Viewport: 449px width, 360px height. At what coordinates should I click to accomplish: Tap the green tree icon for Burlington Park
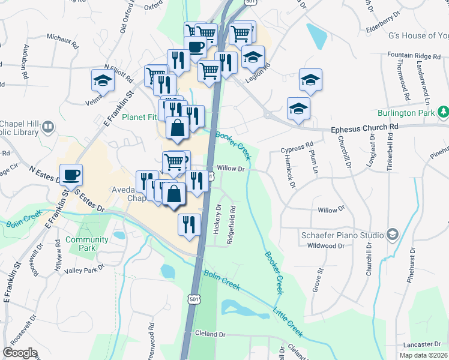tap(443, 112)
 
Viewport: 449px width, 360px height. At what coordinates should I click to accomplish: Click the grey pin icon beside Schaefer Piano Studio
tap(393, 233)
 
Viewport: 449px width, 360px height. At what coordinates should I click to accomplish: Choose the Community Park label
tap(87, 244)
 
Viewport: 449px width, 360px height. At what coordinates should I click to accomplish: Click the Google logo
tap(20, 353)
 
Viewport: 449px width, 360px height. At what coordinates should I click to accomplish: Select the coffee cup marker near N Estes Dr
tap(71, 175)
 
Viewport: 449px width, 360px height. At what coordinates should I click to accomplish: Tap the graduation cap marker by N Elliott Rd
tap(103, 80)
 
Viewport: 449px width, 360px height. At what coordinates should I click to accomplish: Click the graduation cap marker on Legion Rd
tap(253, 57)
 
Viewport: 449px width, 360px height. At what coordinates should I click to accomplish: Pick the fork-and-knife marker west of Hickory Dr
tap(189, 225)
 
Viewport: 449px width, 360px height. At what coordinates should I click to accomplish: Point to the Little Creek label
tap(288, 322)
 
